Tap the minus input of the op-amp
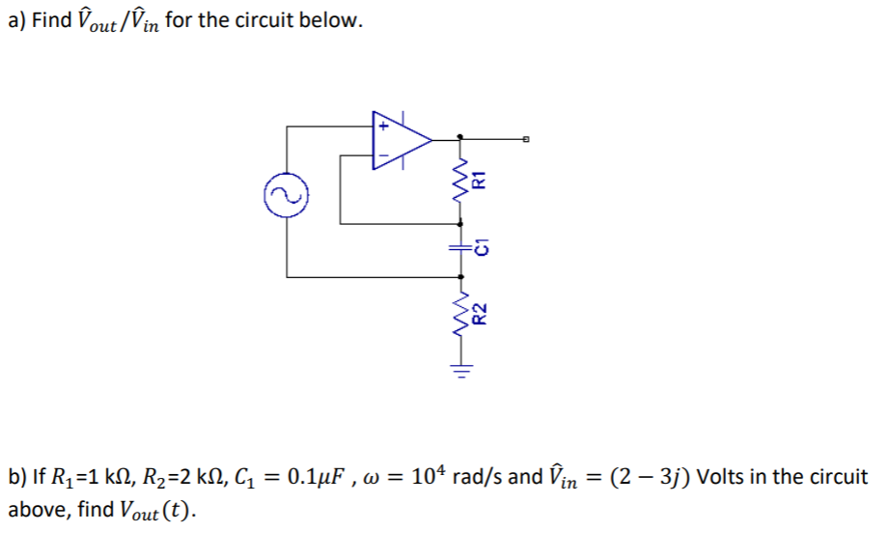[382, 156]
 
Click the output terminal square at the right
[526, 141]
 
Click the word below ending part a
[332, 20]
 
